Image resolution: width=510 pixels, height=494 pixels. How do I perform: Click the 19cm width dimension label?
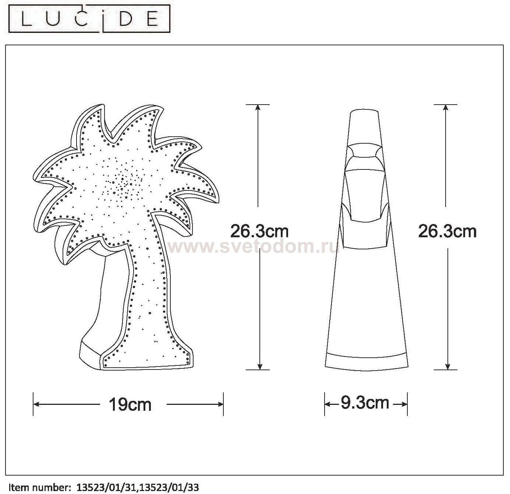130,404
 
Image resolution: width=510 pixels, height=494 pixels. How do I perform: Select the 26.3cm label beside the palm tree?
259,231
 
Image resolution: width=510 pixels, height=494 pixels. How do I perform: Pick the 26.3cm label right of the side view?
447,231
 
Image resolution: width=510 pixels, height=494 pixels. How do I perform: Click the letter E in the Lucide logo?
153,20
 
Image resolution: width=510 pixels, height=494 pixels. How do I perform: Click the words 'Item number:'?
39,488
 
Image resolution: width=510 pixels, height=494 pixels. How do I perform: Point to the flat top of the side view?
364,111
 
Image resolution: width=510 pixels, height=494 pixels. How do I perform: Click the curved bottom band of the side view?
366,361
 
